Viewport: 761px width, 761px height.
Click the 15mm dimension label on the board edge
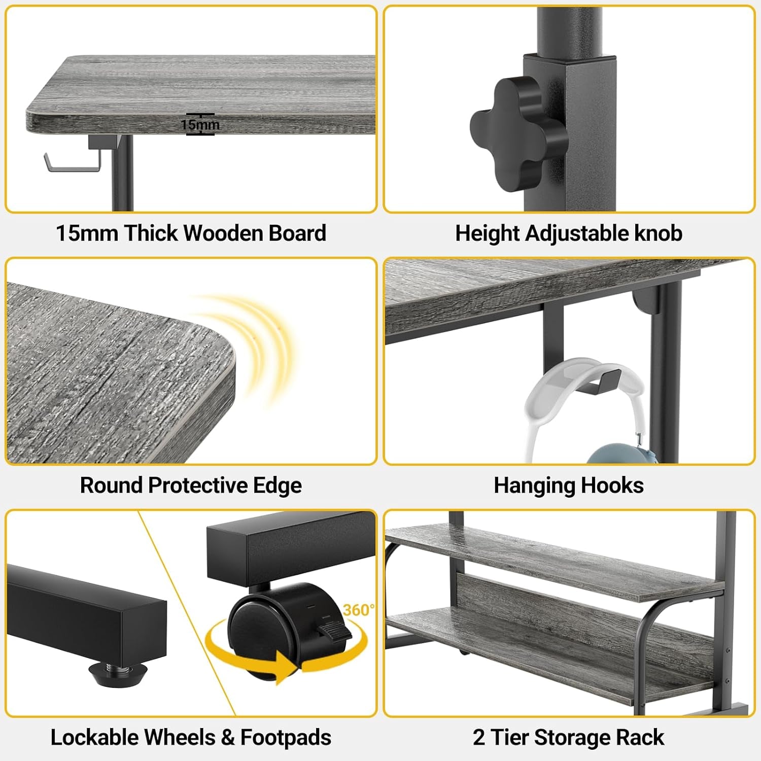pos(200,124)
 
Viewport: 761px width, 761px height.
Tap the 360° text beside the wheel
pos(359,609)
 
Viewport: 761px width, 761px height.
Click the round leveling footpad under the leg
pos(117,672)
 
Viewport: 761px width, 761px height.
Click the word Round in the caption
pos(112,486)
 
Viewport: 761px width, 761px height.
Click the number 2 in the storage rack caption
pos(478,737)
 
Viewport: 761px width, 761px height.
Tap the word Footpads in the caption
pos(286,737)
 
